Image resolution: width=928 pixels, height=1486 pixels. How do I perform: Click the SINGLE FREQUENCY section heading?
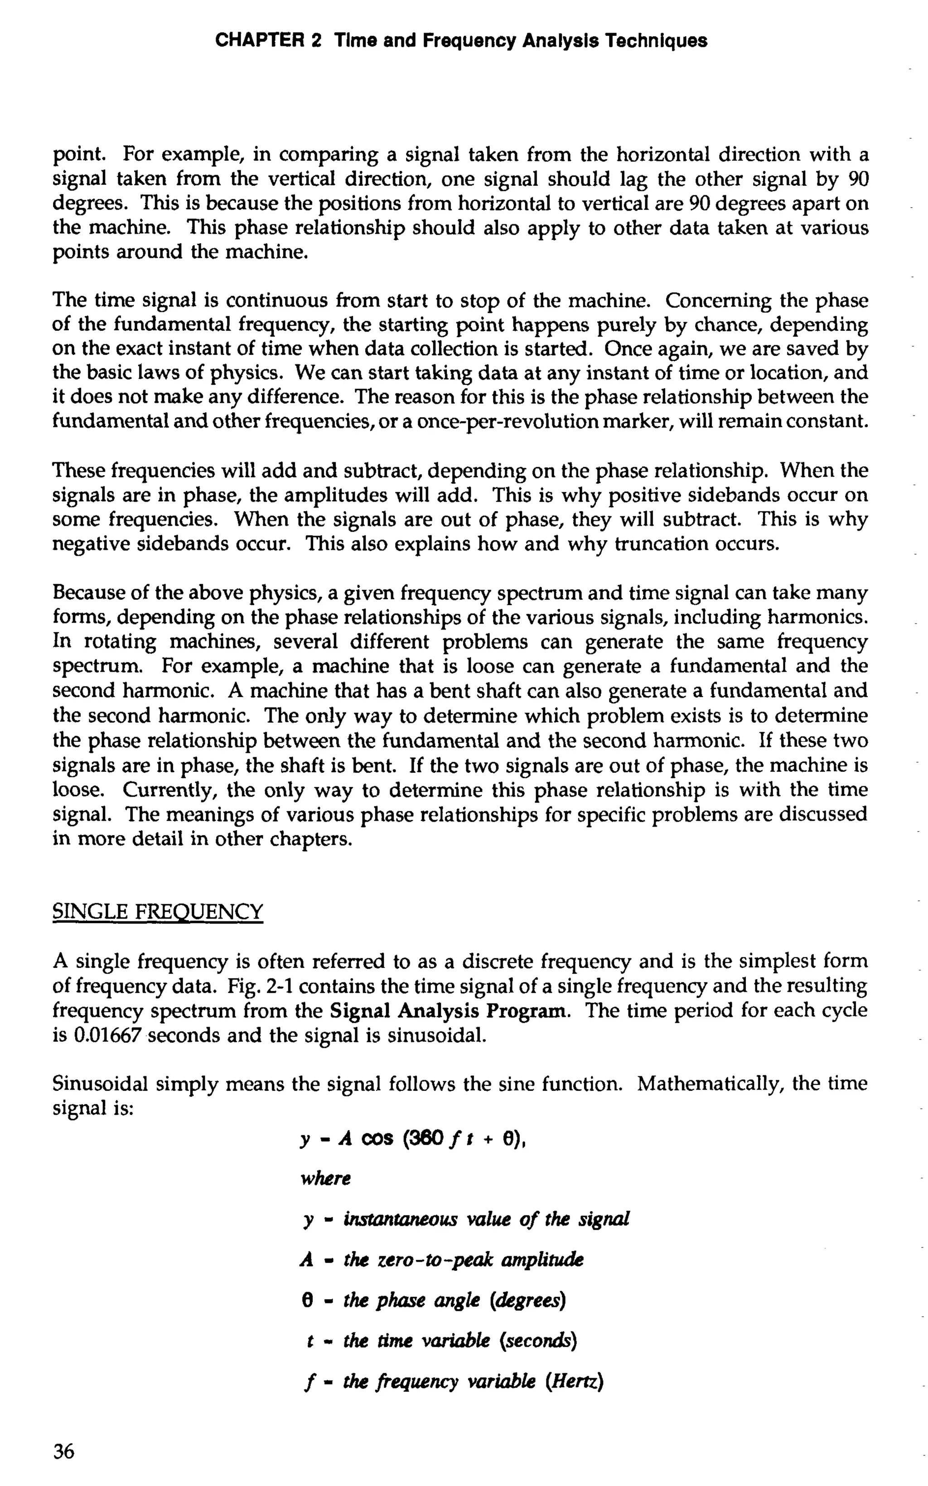point(158,911)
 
